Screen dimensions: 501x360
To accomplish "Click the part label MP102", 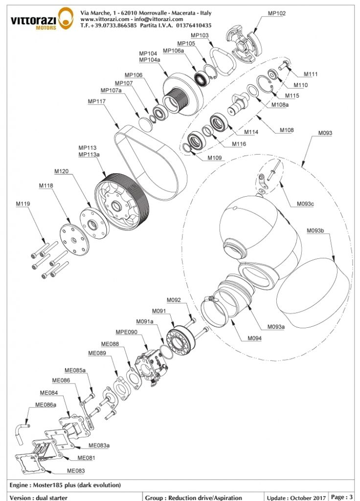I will coord(277,14).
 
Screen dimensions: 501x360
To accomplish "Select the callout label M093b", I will coord(315,230).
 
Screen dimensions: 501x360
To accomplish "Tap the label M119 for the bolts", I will coord(23,204).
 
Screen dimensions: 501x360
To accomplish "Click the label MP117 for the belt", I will coord(97,101).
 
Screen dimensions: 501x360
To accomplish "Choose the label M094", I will coord(254,338).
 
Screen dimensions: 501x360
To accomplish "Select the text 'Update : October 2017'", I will coord(295,497).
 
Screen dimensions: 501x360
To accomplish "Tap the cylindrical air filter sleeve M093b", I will coord(313,289).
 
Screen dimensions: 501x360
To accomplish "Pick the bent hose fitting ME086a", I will coord(22,430).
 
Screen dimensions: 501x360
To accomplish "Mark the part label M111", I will coord(311,74).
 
